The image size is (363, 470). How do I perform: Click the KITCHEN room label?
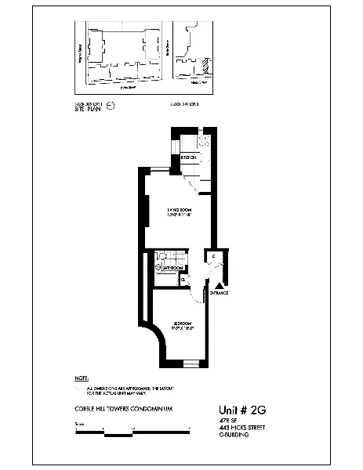coord(189,158)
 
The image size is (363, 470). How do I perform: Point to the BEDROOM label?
coord(182,324)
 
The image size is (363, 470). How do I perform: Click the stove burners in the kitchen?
coord(202,141)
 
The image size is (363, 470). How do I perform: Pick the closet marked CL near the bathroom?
coord(183,278)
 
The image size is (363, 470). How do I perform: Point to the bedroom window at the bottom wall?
coord(192,363)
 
